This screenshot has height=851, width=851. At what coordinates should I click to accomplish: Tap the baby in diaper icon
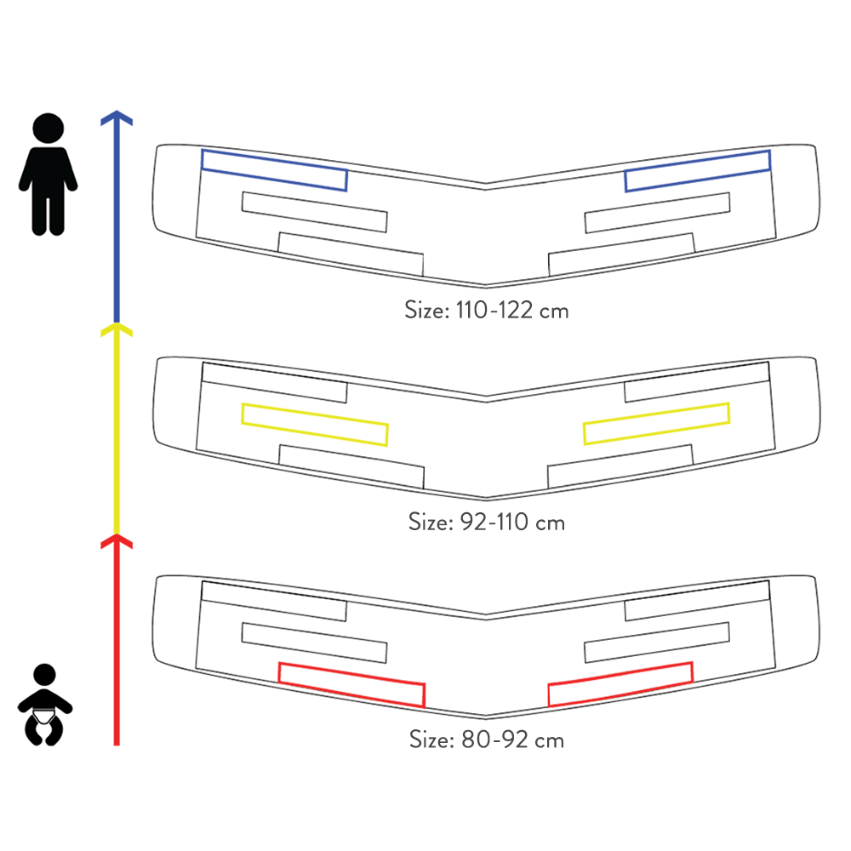(x=44, y=706)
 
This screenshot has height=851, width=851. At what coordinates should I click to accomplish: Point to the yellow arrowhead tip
(x=117, y=325)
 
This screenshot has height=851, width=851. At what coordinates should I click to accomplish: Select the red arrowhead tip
(x=117, y=538)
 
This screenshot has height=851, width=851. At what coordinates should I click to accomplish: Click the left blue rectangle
(x=274, y=170)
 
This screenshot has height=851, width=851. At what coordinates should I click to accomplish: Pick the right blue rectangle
(x=698, y=170)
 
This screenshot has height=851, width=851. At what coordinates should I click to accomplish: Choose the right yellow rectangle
(x=656, y=424)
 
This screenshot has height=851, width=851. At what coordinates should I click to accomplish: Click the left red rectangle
(x=351, y=684)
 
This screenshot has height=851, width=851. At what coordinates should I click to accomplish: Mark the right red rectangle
(x=620, y=683)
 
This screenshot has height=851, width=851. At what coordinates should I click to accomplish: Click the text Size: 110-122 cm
(x=486, y=309)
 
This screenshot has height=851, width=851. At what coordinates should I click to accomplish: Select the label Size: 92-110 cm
(x=486, y=521)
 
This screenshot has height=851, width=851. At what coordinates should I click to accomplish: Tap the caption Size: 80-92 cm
(x=486, y=739)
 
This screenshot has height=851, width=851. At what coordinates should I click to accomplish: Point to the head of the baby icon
(x=44, y=677)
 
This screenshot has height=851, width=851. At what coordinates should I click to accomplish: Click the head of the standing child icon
(x=49, y=128)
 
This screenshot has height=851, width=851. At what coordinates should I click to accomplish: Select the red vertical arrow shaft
(x=117, y=647)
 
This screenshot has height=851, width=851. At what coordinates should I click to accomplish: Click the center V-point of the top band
(x=485, y=185)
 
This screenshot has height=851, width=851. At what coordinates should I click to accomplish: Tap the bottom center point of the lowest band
(x=485, y=716)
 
